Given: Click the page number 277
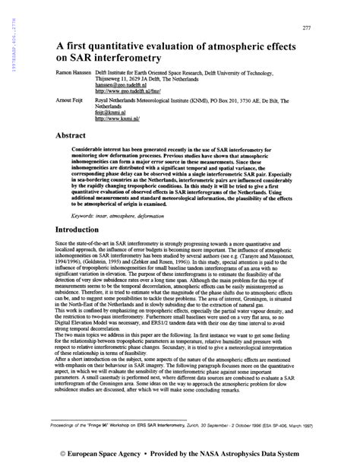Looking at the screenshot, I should click(307, 28).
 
